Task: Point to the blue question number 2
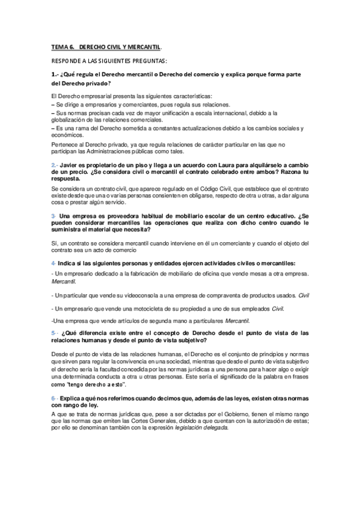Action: click(54, 165)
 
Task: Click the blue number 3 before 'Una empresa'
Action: click(53, 215)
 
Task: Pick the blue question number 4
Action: click(53, 263)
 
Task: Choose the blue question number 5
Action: click(54, 333)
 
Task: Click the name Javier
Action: click(70, 165)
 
